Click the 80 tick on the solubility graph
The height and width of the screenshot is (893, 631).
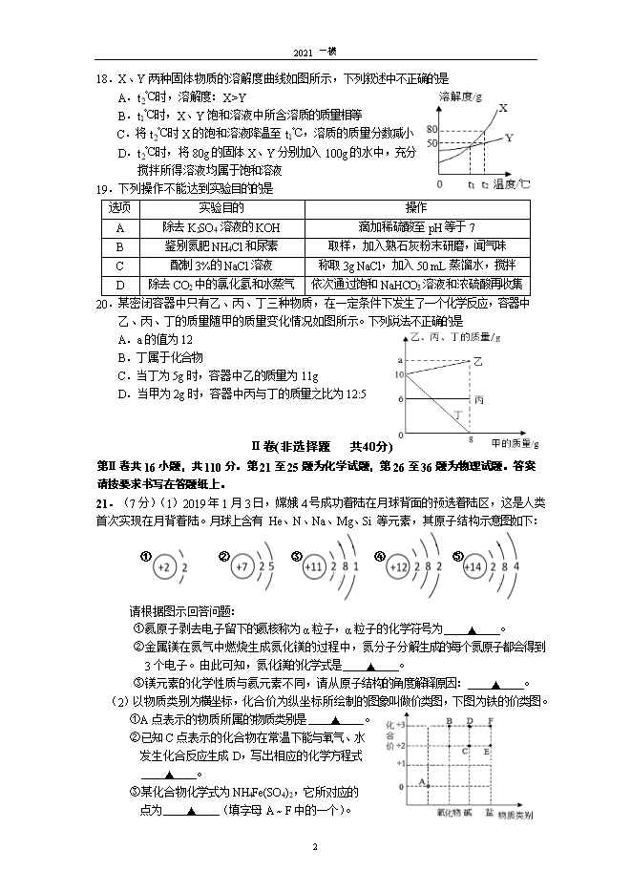tap(431, 129)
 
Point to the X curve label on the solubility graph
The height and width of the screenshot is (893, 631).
tap(502, 108)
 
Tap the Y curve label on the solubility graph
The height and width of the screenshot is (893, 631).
tap(509, 138)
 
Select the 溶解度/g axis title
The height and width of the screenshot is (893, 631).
tap(459, 97)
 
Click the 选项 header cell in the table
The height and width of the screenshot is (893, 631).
tap(119, 208)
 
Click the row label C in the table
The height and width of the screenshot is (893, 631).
tap(119, 265)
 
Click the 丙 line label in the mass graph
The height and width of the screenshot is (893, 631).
tap(479, 398)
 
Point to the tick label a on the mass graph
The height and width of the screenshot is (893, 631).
tap(398, 359)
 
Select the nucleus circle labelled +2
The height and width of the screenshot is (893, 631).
tap(163, 566)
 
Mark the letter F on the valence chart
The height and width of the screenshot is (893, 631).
tap(492, 720)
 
